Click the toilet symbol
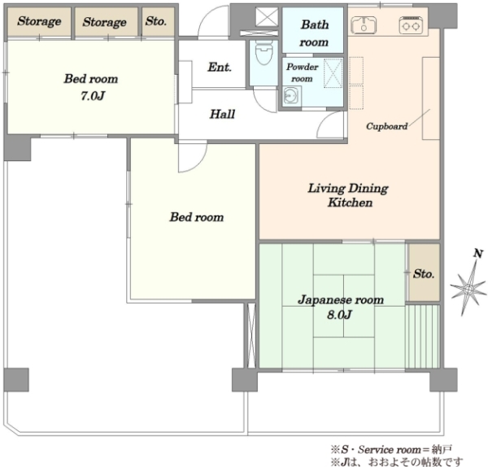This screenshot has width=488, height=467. coord(264,52)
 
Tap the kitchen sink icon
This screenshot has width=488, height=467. coord(364,24)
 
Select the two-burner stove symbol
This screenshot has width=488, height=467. coord(411,24)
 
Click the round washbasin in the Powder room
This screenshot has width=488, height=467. coord(292,94)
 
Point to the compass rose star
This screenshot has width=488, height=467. coord(468,288)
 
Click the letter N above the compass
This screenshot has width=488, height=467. coord(478,253)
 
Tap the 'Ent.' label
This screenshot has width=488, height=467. coord(220,67)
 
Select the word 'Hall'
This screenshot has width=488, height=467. coord(222,114)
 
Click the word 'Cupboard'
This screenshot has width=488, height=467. coord(386,126)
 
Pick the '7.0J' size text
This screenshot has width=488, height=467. coord(93,96)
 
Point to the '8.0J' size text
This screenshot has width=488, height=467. coord(339,314)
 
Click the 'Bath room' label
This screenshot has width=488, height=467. coord(314,33)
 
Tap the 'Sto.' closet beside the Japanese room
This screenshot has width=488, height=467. coord(424,273)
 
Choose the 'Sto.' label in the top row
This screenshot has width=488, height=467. coord(155,21)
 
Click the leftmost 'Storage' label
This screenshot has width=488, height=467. coord(39,21)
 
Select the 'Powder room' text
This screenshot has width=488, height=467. coord(303,72)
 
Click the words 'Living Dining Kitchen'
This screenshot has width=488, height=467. coord(348,195)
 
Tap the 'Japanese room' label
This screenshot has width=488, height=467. coord(341,300)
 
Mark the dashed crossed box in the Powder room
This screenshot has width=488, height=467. coord(333,73)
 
